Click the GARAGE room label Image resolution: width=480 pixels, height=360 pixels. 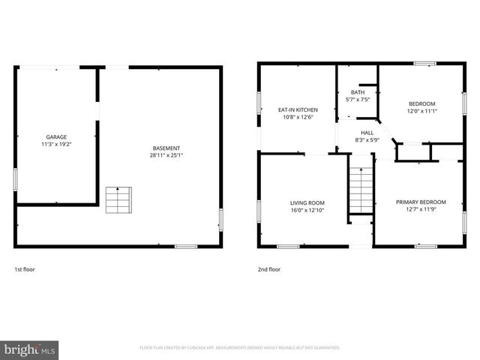56,137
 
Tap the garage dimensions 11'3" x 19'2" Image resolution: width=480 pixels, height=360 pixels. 56,144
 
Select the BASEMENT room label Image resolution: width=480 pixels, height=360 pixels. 166,148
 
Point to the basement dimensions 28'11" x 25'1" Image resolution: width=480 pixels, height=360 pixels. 166,156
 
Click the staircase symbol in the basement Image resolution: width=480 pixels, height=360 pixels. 117,199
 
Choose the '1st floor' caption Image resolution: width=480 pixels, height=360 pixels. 25,269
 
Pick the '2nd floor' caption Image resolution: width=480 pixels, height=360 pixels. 269,269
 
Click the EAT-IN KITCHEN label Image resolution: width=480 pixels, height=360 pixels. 298,109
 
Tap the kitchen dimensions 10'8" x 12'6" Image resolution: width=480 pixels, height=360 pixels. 298,117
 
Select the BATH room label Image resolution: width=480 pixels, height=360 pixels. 357,92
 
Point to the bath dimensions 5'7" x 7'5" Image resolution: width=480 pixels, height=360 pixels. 357,99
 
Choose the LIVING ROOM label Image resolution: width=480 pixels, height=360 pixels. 307,202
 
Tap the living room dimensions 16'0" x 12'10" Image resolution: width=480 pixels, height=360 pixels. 307,210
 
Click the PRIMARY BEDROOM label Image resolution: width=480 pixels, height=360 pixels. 421,202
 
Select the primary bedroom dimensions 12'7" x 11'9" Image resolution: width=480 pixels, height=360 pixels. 421,209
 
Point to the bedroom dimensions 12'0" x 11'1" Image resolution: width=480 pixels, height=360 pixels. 421,111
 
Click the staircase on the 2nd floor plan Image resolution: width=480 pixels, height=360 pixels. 361,191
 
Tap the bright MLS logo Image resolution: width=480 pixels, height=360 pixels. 30,349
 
